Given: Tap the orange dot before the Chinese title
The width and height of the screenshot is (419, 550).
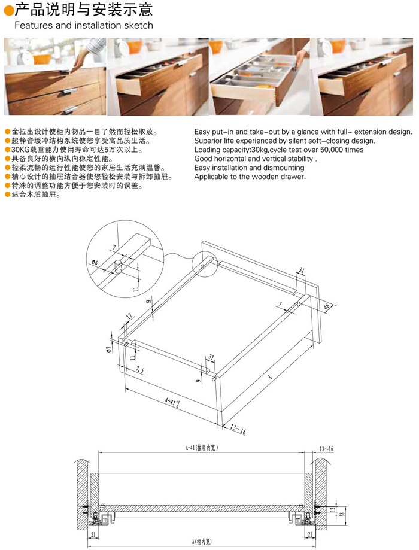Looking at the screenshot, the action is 9,11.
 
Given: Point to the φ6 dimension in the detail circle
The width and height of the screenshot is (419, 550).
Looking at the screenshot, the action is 95,262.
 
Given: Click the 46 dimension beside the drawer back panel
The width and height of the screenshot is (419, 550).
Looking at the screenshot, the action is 327,307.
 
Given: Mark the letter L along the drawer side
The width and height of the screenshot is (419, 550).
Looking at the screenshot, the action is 270,377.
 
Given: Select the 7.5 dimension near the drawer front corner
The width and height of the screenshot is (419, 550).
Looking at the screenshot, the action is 139,370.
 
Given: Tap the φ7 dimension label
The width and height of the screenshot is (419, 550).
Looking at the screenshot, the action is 109,349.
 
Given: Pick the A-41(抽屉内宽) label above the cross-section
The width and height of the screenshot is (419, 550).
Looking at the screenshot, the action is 202,448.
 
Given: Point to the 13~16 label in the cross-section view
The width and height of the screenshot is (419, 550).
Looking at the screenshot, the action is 326,449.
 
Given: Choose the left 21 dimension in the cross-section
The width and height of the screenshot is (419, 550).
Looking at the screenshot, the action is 93,534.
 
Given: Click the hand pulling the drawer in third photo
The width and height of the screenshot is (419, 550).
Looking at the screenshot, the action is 300,57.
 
